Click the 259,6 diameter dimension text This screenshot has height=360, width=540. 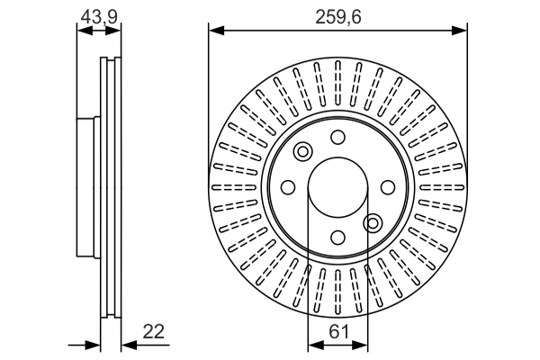click(338, 17)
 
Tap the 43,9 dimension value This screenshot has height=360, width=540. click(99, 16)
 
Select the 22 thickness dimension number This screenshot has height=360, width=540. click(153, 331)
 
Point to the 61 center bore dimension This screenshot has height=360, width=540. click(339, 331)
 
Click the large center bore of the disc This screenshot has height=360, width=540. click(337, 187)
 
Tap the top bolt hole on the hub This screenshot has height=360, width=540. click(337, 137)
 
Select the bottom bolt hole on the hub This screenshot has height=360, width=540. click(337, 238)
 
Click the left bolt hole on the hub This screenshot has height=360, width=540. click(288, 187)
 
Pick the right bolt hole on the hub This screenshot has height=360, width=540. click(388, 187)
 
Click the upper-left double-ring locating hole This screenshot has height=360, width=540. click(302, 151)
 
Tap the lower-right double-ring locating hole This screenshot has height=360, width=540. click(373, 223)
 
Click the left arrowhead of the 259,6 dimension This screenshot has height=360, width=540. click(217, 31)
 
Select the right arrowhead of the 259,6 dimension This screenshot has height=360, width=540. click(459, 31)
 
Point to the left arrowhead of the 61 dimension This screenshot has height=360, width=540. click(316, 345)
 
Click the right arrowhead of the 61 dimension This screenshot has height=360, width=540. click(360, 345)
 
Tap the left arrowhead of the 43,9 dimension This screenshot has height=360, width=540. click(85, 31)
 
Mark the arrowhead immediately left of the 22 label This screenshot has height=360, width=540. click(130, 345)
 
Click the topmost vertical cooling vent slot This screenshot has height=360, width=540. click(337, 83)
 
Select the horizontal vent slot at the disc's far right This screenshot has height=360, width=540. click(442, 187)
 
